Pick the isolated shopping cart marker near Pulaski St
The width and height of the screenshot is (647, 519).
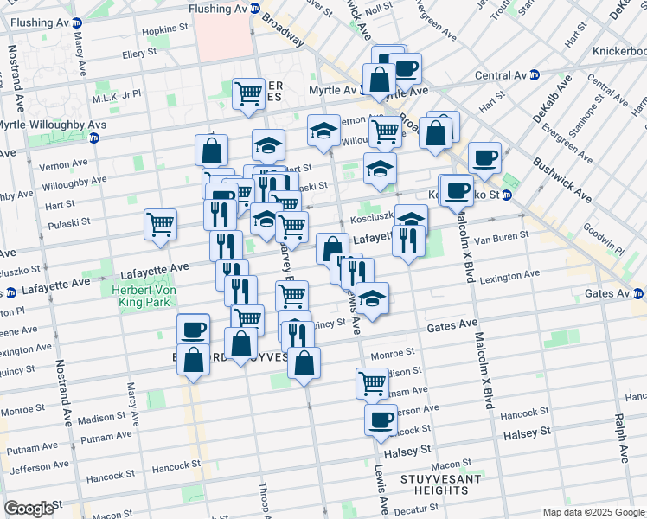(x=161, y=224)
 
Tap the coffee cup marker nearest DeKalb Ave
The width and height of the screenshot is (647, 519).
(x=485, y=157)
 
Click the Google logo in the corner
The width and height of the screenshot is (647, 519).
(x=29, y=509)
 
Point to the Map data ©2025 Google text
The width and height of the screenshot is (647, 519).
(x=593, y=512)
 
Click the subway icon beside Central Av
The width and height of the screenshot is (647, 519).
(x=534, y=74)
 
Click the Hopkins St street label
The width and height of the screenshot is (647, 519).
(x=165, y=29)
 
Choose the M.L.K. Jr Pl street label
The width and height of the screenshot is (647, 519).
(x=118, y=94)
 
